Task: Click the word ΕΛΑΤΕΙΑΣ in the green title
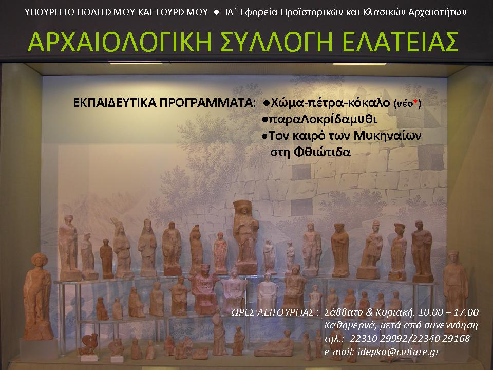coord(400,42)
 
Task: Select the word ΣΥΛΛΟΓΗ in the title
coord(276,42)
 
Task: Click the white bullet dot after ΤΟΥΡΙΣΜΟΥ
coord(216,12)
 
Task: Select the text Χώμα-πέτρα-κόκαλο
coord(330,103)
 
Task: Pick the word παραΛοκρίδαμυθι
coord(323,119)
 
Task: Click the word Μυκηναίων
coord(387,136)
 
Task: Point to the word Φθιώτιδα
coord(322,152)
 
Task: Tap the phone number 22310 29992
coord(378,339)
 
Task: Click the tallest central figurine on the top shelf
coord(245,236)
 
